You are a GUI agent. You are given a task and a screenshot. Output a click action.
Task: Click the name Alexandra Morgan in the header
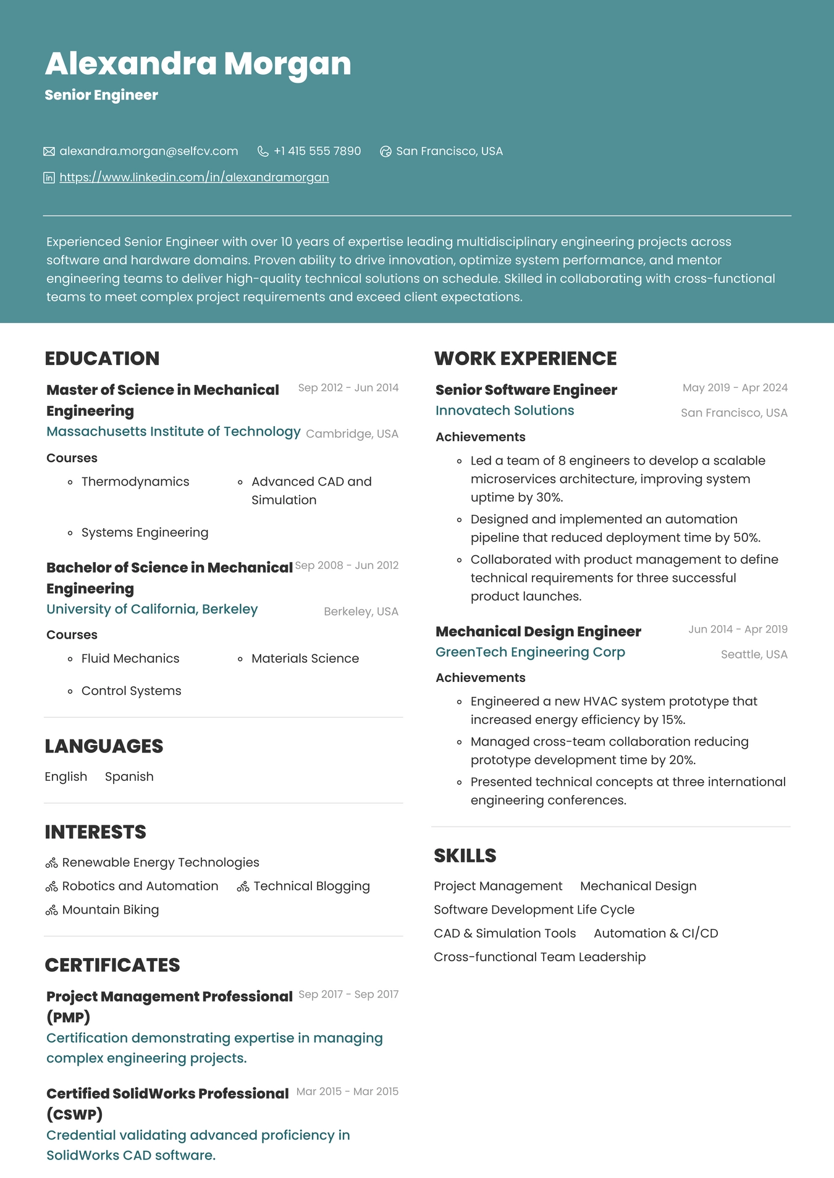pyautogui.click(x=198, y=64)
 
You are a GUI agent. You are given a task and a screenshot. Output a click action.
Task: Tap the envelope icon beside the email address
pyautogui.click(x=49, y=151)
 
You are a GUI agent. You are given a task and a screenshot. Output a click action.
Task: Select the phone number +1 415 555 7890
pyautogui.click(x=317, y=151)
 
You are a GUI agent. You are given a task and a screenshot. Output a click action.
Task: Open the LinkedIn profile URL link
pyautogui.click(x=194, y=177)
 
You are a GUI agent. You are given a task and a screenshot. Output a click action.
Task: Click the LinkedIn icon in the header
pyautogui.click(x=49, y=178)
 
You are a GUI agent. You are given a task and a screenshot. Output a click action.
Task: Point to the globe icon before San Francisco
pyautogui.click(x=385, y=151)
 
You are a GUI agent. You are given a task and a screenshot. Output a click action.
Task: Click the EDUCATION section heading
pyautogui.click(x=102, y=358)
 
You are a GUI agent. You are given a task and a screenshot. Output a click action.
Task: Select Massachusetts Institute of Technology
pyautogui.click(x=173, y=431)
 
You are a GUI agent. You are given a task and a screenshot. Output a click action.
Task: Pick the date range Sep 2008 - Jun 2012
pyautogui.click(x=347, y=565)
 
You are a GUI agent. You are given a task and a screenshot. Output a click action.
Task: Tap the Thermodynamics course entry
pyautogui.click(x=135, y=481)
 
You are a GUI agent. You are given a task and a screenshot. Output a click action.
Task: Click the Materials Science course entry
pyautogui.click(x=305, y=658)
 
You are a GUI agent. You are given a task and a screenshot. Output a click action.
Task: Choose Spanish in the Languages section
pyautogui.click(x=129, y=776)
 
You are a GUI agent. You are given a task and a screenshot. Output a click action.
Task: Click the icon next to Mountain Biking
pyautogui.click(x=52, y=910)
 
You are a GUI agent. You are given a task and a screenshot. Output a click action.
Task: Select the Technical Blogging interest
pyautogui.click(x=311, y=886)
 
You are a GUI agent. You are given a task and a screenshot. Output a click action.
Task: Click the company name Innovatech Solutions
pyautogui.click(x=504, y=410)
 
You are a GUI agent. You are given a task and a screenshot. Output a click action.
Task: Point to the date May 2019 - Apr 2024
pyautogui.click(x=735, y=388)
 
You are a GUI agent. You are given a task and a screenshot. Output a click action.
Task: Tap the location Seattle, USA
pyautogui.click(x=754, y=654)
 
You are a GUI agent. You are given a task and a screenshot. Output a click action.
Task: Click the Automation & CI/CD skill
pyautogui.click(x=655, y=933)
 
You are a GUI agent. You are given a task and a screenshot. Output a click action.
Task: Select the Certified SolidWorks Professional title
pyautogui.click(x=167, y=1093)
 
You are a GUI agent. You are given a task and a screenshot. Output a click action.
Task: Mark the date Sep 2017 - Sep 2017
pyautogui.click(x=348, y=994)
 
